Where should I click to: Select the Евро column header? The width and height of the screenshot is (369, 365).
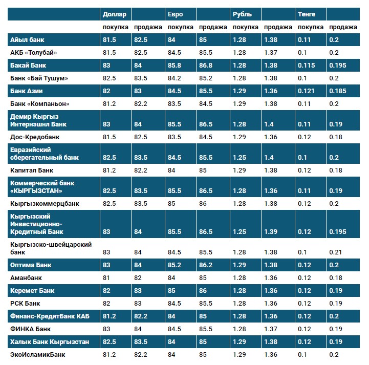175,14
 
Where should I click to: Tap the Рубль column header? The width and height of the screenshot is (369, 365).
242,14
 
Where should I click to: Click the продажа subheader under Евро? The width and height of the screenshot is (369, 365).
212,27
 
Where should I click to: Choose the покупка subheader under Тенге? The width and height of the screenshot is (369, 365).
311,27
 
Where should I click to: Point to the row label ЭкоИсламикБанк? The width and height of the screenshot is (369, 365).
38,354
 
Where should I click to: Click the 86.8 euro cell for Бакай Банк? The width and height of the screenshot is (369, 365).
206,65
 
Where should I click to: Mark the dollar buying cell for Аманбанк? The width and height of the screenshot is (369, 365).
106,277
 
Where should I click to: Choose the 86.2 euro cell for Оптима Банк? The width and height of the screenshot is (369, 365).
206,265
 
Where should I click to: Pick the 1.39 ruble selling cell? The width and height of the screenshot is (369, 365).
271,231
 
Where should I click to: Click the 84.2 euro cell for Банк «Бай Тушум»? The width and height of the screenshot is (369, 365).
175,78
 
